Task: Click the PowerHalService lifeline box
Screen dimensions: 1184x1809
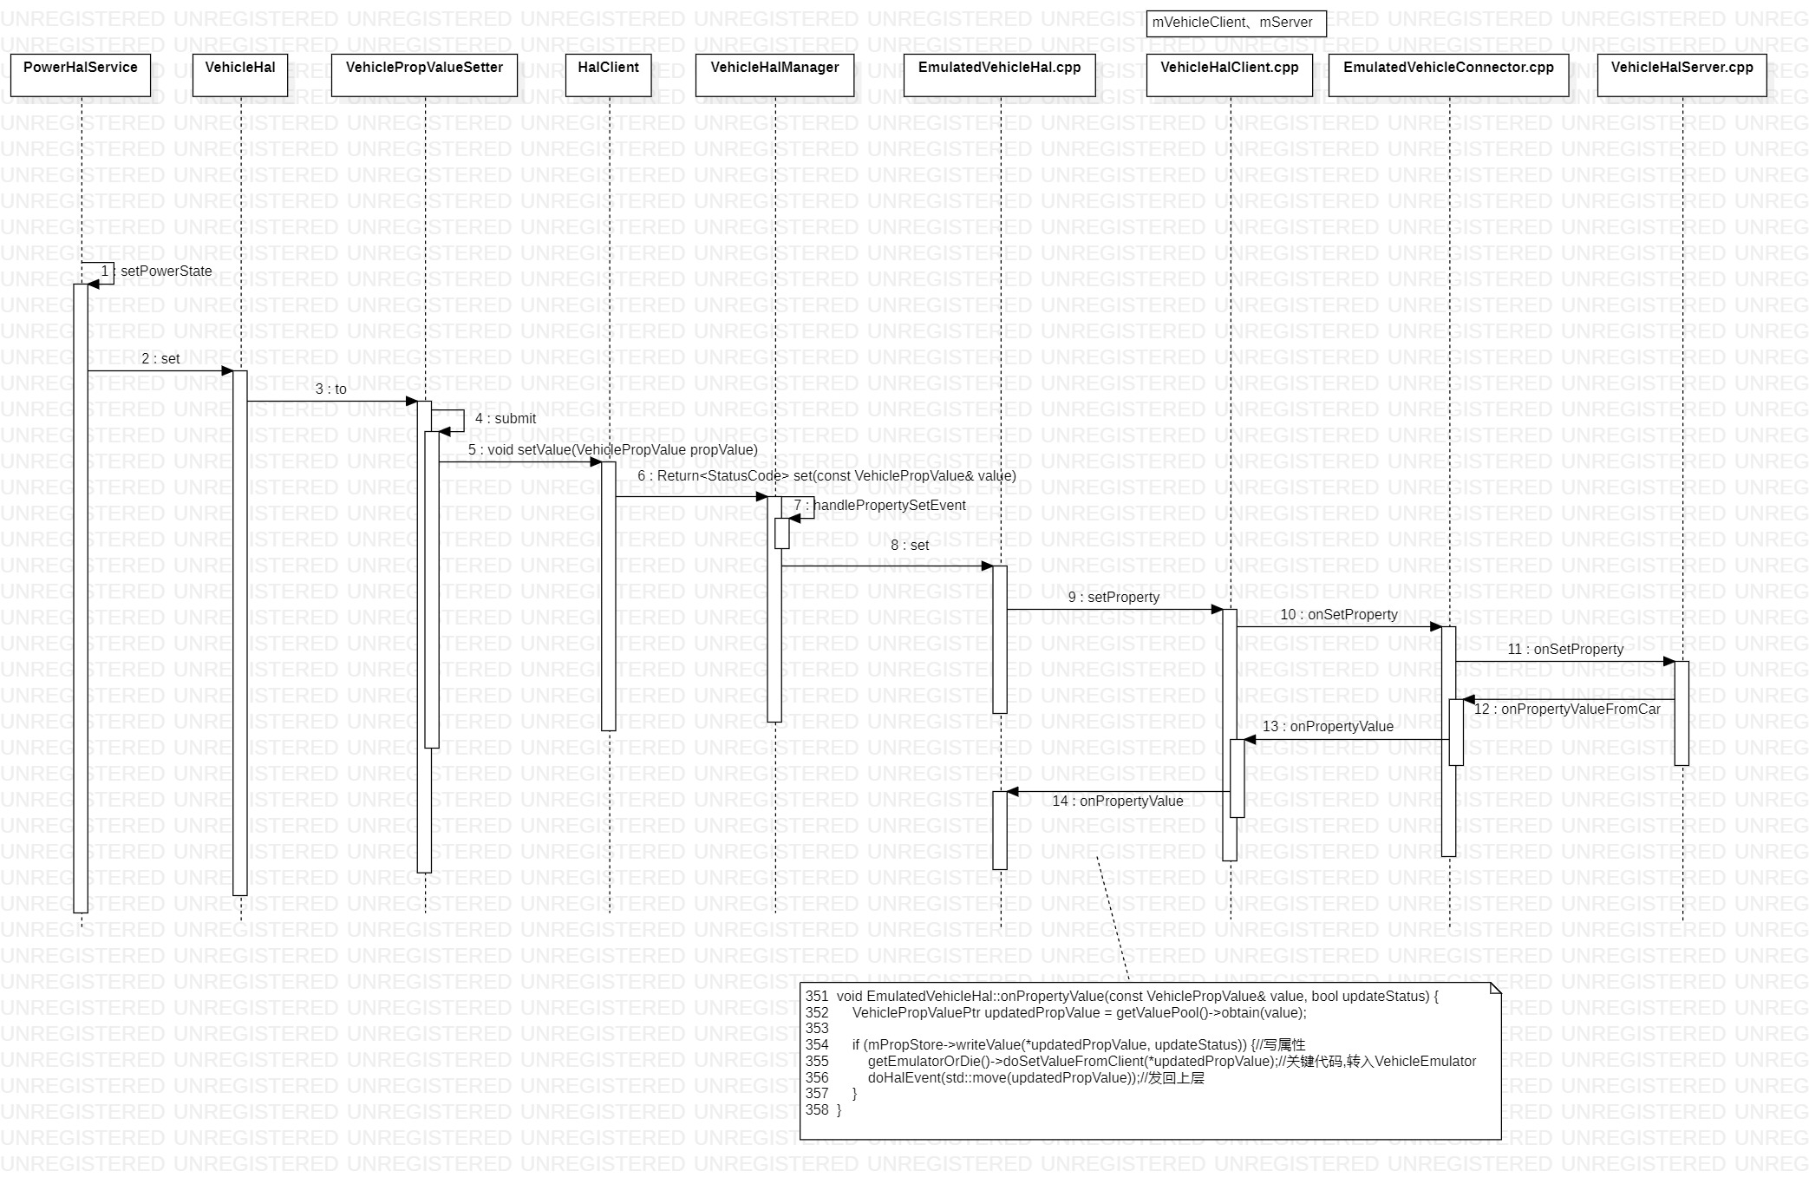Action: coord(80,75)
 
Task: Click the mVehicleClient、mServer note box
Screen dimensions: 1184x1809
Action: coord(1236,23)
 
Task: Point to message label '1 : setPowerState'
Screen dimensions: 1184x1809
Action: coord(157,271)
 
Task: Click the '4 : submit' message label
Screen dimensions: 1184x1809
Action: coord(506,419)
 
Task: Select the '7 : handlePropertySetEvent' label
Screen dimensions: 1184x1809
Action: coord(879,506)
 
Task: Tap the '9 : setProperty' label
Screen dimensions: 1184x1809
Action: coord(1113,598)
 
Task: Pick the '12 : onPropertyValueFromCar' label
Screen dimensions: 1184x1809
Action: coord(1567,710)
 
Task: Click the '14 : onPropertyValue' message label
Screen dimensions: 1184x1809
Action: coord(1117,801)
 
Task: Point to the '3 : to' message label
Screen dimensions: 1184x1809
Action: coord(330,389)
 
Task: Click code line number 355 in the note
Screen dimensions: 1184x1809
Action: coord(817,1062)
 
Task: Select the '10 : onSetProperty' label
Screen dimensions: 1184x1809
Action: coord(1339,615)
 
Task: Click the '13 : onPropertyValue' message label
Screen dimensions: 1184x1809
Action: coord(1328,727)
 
